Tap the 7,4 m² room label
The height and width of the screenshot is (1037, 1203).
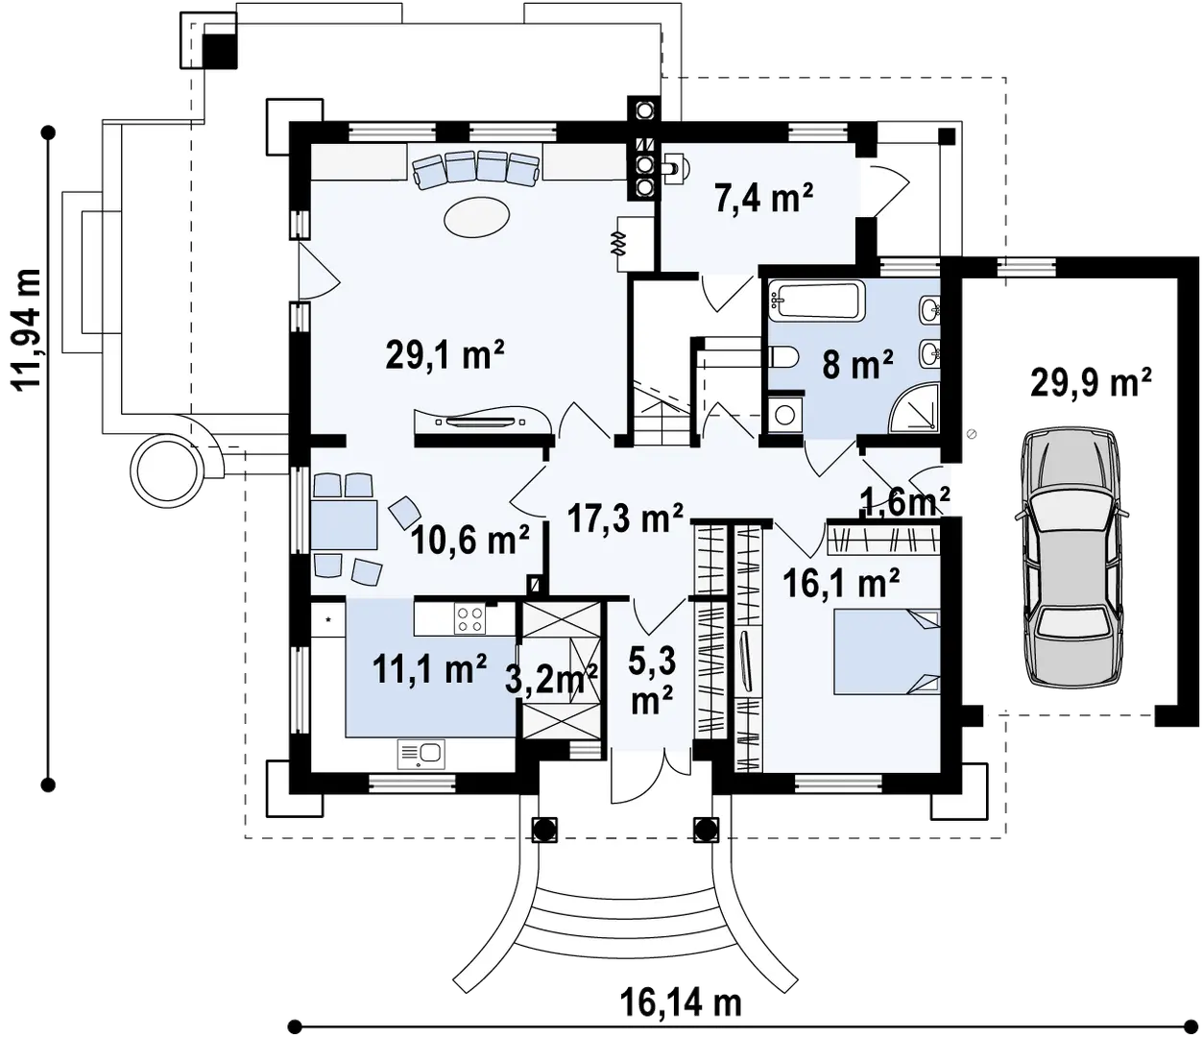point(764,200)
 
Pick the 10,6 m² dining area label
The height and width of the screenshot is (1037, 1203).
point(470,543)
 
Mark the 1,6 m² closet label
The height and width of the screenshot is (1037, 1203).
point(905,500)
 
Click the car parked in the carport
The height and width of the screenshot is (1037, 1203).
point(1070,557)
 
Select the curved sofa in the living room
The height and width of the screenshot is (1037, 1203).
point(475,168)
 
